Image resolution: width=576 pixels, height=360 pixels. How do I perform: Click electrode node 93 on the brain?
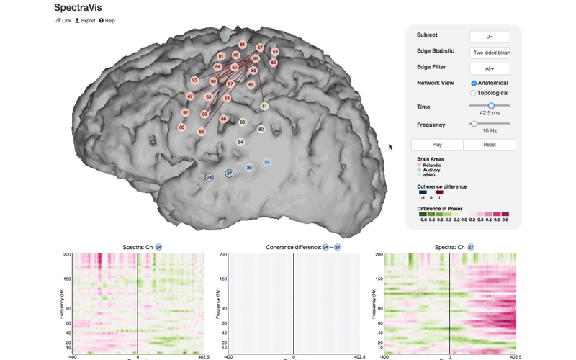pos(194,80)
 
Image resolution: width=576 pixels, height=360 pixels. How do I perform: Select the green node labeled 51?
pos(264,106)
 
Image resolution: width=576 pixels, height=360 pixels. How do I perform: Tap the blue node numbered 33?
pos(267,162)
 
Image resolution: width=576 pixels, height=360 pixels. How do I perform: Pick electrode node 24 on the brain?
pos(209,177)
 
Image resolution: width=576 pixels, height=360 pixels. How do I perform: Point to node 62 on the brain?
pos(202,132)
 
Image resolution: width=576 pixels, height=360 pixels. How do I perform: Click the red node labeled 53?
pos(275,52)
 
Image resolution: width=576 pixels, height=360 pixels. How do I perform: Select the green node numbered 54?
pos(240,142)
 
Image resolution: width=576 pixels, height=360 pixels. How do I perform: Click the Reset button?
pos(490,145)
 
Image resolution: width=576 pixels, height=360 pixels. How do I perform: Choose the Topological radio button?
pos(473,93)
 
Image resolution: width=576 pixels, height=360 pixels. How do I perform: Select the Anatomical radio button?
pos(473,83)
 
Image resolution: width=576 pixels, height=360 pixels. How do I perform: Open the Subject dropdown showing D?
pos(490,37)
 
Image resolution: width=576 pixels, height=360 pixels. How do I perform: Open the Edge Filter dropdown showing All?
pos(490,69)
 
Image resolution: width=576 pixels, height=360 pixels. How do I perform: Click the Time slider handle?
pos(491,106)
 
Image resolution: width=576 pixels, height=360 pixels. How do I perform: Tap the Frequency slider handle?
pos(474,124)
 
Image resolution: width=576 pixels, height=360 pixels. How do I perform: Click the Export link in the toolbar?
pos(85,21)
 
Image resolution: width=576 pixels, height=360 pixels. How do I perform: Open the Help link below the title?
pos(107,21)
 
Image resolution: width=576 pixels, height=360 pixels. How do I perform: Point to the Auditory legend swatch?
pos(419,170)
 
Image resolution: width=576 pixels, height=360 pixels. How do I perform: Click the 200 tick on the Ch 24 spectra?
pos(67,255)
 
